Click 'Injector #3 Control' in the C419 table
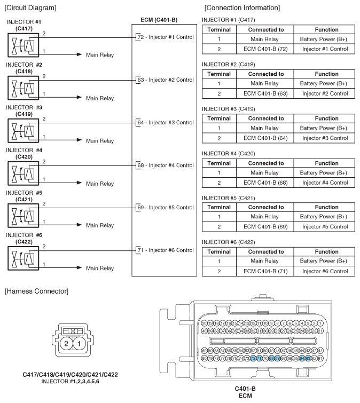325,138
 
